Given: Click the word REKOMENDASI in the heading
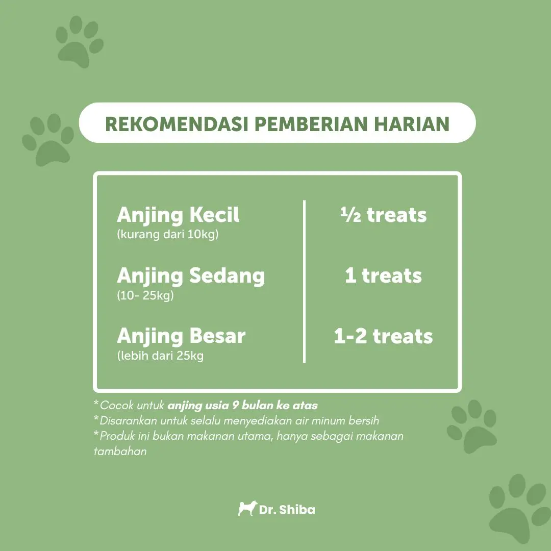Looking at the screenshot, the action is tap(177, 123).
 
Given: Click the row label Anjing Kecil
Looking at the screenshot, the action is tap(178, 215).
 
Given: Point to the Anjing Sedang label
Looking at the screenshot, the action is tap(191, 276).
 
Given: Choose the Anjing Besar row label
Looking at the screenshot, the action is tap(181, 336).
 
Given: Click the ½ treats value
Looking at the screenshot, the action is tap(383, 215).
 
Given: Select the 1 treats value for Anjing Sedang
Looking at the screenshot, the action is tap(383, 275).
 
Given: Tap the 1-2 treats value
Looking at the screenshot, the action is tap(383, 336).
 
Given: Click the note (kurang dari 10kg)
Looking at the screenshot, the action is tap(168, 234).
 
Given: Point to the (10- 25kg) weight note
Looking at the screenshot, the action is tap(145, 295).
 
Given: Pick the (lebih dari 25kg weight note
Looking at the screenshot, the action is tap(160, 356).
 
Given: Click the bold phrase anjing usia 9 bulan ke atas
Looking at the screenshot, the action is tap(242, 406).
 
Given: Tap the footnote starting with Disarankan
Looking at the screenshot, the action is tap(236, 420).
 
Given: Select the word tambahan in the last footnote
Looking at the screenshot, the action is tap(120, 451).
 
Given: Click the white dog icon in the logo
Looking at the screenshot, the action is tap(247, 508).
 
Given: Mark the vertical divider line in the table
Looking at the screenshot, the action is tap(304, 281).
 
